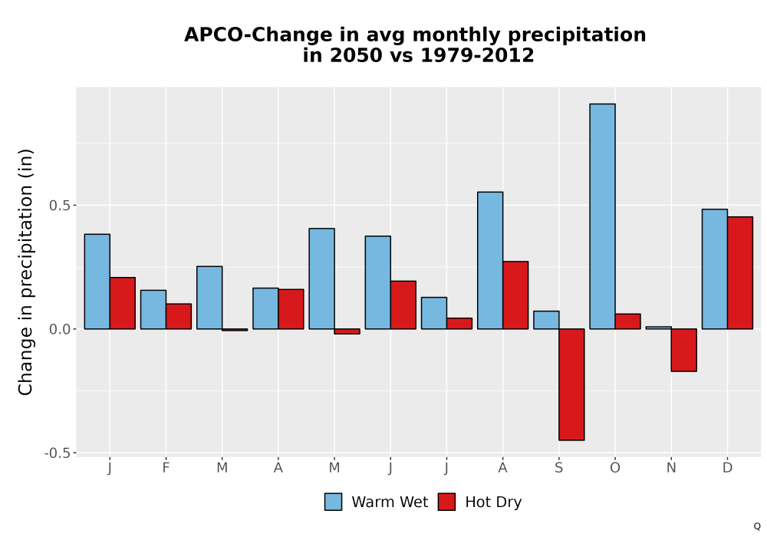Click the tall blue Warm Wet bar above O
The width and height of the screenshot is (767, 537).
point(602,216)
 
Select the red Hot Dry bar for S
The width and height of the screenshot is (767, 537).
point(572,384)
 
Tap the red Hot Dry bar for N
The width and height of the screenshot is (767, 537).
point(684,350)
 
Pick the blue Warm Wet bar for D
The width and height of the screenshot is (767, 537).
point(715,269)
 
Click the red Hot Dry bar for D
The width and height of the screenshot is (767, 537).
point(740,273)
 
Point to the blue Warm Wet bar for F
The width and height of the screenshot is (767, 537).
point(153,310)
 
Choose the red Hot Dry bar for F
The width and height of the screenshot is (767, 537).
point(179,316)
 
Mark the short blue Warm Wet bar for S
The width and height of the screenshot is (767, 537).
point(546,320)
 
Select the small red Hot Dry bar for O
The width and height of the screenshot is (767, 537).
point(628,321)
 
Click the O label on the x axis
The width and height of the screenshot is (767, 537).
point(615,468)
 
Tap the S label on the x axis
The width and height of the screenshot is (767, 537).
point(558,468)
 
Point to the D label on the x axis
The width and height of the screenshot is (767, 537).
point(727,468)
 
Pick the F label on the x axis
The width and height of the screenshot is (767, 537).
point(166,468)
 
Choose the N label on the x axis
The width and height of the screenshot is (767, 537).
point(671,468)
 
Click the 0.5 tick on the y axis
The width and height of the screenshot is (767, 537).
point(60,206)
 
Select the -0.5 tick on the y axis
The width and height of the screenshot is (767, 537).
point(58,453)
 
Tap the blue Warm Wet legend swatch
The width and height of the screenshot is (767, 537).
point(333,502)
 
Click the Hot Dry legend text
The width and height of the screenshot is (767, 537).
point(493,502)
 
